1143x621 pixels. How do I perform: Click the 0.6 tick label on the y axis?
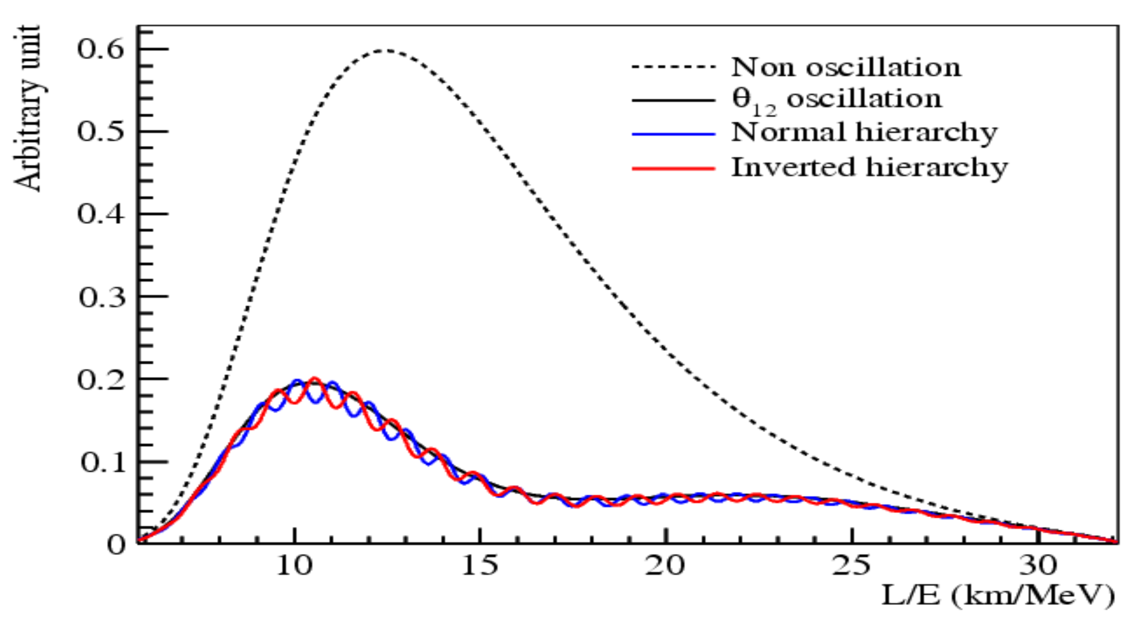pyautogui.click(x=101, y=49)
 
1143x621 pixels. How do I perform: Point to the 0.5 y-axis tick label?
pyautogui.click(x=101, y=132)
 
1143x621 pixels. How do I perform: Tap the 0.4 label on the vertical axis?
pyautogui.click(x=101, y=214)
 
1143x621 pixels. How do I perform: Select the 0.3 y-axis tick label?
pyautogui.click(x=102, y=297)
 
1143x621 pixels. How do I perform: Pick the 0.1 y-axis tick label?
pyautogui.click(x=102, y=462)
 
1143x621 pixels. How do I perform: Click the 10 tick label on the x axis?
pyautogui.click(x=294, y=566)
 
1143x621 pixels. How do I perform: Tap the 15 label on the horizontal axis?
pyautogui.click(x=479, y=566)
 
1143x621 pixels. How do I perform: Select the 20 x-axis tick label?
pyautogui.click(x=664, y=566)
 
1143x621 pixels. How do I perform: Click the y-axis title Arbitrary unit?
pyautogui.click(x=28, y=109)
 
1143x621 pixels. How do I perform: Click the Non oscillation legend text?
pyautogui.click(x=846, y=67)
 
